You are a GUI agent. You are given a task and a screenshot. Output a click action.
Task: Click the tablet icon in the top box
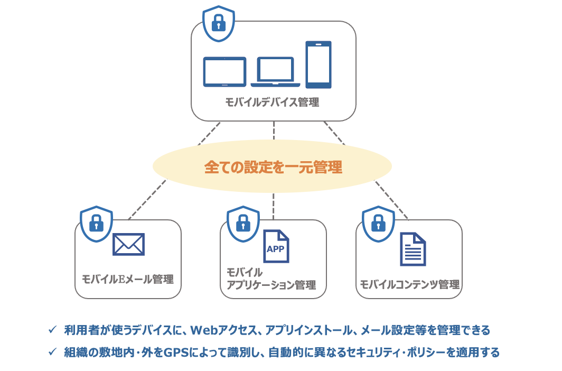coord(224,72)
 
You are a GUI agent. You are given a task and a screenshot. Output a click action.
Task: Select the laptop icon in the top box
coord(275,72)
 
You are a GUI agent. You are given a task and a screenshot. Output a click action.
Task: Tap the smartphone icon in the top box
coord(319,64)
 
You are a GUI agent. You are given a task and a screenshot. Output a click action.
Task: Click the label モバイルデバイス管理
coord(273,103)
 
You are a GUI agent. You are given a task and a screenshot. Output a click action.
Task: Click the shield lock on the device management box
coord(219,24)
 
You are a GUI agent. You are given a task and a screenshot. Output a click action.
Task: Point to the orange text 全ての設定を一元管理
coord(273,168)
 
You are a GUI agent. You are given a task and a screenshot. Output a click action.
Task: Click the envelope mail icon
coord(128,244)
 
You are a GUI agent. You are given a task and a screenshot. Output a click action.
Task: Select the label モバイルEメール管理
coord(128,279)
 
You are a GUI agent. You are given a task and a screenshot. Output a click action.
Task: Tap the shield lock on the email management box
coord(96,224)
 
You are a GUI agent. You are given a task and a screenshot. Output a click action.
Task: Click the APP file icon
coord(276,247)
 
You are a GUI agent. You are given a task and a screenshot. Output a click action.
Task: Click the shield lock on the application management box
coord(243,224)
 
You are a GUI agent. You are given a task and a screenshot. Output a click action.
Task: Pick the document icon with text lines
coord(413,249)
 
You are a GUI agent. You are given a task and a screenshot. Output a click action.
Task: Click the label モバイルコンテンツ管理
coord(409,284)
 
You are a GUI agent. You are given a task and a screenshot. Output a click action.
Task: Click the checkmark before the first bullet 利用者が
coord(52,330)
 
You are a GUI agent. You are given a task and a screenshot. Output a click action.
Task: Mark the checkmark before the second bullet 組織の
coord(52,351)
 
